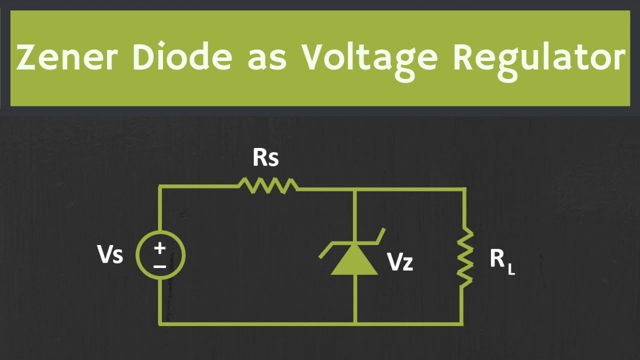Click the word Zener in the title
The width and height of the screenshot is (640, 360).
coord(67,57)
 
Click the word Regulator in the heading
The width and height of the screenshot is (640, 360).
coord(539,59)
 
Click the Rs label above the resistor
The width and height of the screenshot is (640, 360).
coord(265,158)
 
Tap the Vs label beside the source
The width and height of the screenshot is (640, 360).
coord(110,254)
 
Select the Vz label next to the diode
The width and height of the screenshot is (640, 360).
coord(400,261)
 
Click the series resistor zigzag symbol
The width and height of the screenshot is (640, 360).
coord(268,185)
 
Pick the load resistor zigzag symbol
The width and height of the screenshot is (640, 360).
coord(464,257)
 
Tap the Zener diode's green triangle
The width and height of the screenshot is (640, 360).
coord(354,259)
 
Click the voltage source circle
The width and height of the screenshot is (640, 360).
coord(160,255)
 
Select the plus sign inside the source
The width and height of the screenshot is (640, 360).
coord(159,248)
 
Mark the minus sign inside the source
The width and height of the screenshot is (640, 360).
coord(159,267)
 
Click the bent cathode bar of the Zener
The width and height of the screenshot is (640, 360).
coord(352,243)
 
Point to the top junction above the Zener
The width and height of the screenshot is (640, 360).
coord(354,189)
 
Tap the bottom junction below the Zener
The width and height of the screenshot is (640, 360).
coord(355,324)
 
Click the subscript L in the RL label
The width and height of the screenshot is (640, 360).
coord(511,270)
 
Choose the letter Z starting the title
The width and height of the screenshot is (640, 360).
coord(26,57)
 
